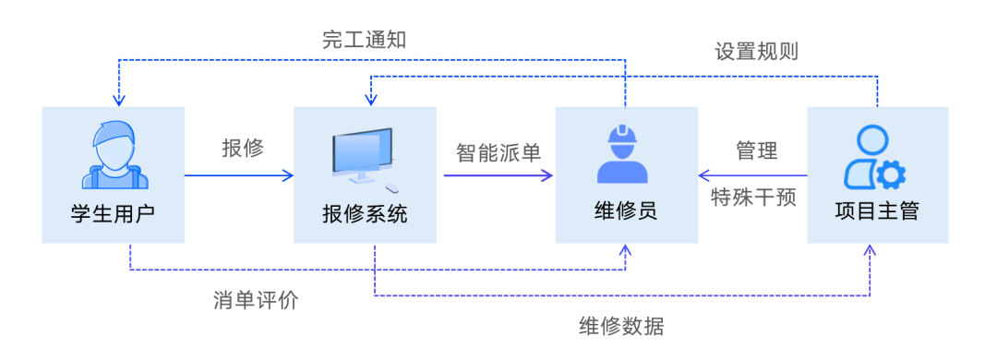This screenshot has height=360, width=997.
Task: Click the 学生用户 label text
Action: pyautogui.click(x=113, y=213)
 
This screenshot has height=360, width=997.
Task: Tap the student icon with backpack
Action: pyautogui.click(x=113, y=153)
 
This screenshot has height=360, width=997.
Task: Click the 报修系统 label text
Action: pyautogui.click(x=365, y=213)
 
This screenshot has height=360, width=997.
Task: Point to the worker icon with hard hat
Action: pyautogui.click(x=626, y=154)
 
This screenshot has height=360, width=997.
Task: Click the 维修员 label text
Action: pyautogui.click(x=626, y=213)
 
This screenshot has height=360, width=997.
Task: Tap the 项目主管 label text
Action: pyautogui.click(x=877, y=213)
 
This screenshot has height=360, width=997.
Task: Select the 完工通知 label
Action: pyautogui.click(x=364, y=40)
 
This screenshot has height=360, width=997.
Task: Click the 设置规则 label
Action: pyautogui.click(x=757, y=52)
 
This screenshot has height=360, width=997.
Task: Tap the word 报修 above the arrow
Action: pyautogui.click(x=243, y=148)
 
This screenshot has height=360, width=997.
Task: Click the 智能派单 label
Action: pyautogui.click(x=498, y=150)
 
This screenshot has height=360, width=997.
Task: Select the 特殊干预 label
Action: pyautogui.click(x=753, y=198)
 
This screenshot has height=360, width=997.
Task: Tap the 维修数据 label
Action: pyautogui.click(x=621, y=326)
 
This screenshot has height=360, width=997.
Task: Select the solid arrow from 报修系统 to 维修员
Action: pyautogui.click(x=498, y=174)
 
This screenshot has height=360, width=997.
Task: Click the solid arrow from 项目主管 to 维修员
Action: pyautogui.click(x=752, y=174)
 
